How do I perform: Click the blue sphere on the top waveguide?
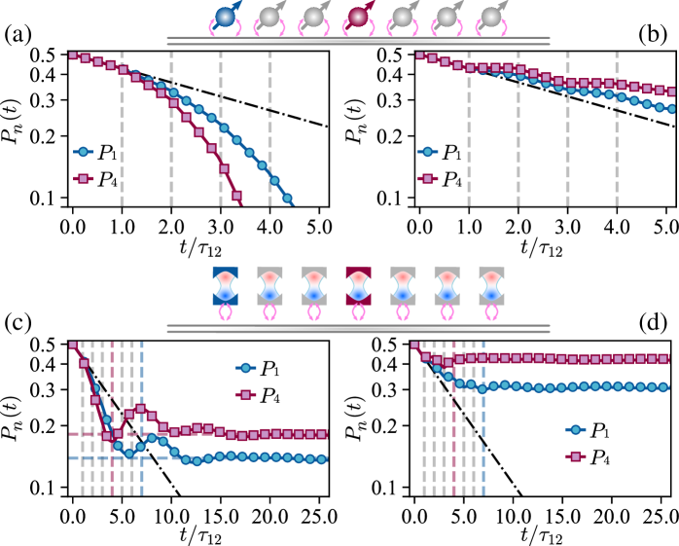225,17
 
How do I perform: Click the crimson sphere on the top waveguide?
358,17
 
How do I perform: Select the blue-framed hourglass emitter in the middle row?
225,285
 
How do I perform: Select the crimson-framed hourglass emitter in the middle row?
358,285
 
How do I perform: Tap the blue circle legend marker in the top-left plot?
83,152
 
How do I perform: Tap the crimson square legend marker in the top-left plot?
83,178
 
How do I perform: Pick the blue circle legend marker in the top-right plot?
427,152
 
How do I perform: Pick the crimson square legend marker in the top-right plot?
427,178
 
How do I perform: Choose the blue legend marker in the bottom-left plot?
245,368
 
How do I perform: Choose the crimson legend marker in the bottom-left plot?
245,394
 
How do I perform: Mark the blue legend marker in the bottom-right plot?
575,429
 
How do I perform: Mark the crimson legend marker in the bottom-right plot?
575,456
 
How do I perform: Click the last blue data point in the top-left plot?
287,198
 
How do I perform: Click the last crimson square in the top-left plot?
236,196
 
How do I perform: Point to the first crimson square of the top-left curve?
73,55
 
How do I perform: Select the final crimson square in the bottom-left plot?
322,434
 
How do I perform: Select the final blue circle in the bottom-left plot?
322,459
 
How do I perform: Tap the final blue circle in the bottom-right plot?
663,386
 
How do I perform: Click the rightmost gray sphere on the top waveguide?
491,17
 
